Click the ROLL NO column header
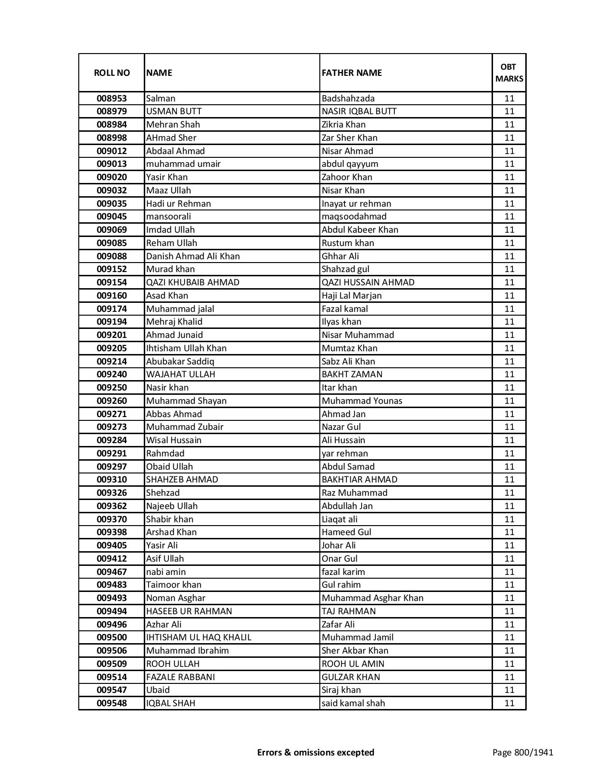tap(112, 73)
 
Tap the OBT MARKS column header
tap(509, 73)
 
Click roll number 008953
tap(112, 99)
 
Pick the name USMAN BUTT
tap(174, 111)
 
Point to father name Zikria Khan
tap(344, 125)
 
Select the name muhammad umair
tap(183, 164)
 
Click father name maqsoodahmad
tap(354, 217)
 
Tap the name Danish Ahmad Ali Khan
tap(193, 256)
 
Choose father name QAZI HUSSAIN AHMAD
tap(368, 282)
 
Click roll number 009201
tap(112, 335)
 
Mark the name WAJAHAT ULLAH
tap(180, 374)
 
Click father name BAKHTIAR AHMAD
tap(359, 480)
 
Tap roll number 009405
tap(112, 546)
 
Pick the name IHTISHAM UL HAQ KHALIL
tap(198, 637)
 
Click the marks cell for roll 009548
tap(509, 703)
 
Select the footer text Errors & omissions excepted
tap(316, 752)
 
